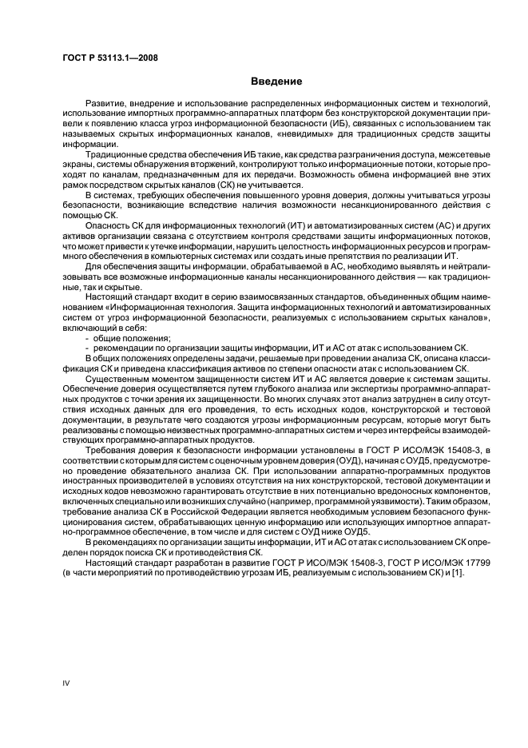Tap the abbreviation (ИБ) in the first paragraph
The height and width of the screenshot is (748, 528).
(339, 124)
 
